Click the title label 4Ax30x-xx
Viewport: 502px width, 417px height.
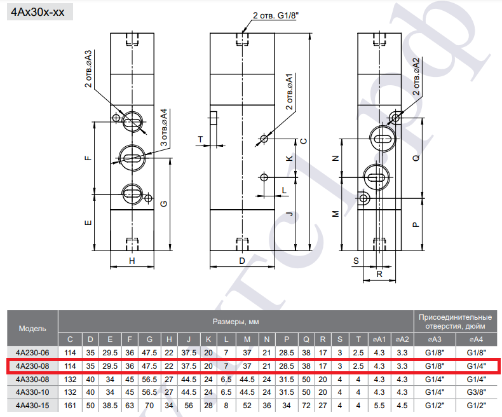[37, 12]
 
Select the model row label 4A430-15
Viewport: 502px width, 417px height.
[32, 406]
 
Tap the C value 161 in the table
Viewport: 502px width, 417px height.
[70, 406]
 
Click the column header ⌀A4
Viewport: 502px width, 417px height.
[476, 339]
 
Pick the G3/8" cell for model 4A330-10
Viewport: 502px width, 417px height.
[476, 392]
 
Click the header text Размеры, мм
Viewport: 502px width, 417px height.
[236, 322]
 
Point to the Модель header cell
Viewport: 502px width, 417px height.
[32, 329]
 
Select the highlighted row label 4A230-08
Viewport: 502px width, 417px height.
[32, 366]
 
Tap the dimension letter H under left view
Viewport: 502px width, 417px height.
[132, 261]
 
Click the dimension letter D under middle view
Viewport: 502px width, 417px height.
[242, 261]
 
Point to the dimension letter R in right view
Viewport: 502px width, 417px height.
[379, 275]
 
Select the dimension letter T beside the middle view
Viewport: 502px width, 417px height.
[200, 139]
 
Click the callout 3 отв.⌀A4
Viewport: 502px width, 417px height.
[164, 128]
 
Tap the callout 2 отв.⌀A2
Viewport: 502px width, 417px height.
[416, 76]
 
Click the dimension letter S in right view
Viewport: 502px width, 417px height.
[356, 261]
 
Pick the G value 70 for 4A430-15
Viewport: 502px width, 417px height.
[149, 406]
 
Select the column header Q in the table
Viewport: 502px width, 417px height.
[306, 339]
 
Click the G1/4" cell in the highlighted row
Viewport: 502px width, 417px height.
[476, 366]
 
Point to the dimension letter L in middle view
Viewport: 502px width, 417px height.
[284, 191]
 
